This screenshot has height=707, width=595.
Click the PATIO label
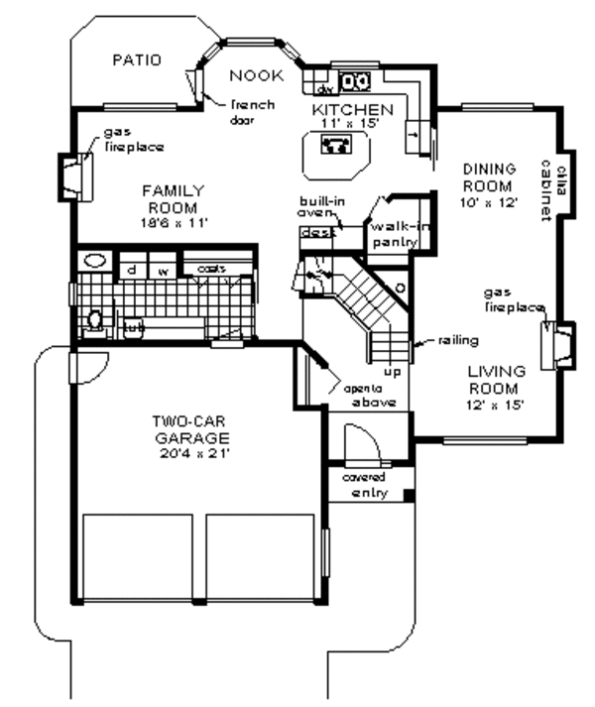[134, 59]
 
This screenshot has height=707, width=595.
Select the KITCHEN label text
[352, 108]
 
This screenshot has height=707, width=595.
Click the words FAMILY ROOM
[172, 198]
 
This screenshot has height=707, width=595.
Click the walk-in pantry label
[394, 234]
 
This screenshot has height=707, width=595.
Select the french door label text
[250, 112]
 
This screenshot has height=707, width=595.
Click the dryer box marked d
[130, 269]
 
